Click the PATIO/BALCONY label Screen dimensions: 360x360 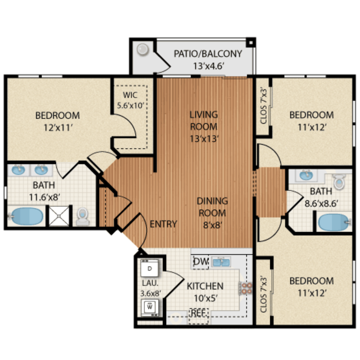208,54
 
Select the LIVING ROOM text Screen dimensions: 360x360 204,121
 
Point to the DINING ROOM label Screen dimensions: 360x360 212,207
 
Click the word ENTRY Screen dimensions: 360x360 163,224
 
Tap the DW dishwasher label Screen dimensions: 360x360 200,262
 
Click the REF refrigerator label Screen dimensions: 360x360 198,312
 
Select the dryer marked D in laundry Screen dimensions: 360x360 149,268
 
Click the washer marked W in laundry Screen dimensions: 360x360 149,305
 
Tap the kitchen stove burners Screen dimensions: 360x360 246,288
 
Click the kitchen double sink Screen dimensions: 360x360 221,262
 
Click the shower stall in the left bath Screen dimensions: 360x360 60,216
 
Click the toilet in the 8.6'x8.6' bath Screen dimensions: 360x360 339,181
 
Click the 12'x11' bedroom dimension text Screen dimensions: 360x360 57,128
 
